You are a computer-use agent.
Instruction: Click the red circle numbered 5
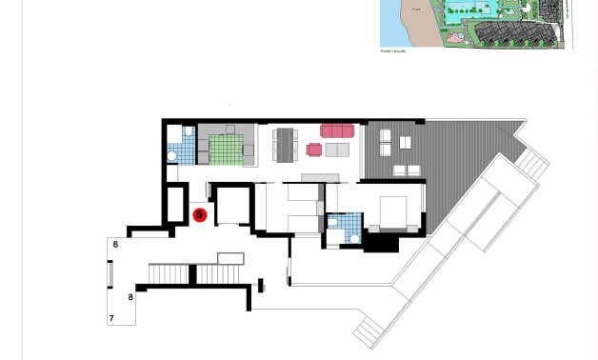[199, 215]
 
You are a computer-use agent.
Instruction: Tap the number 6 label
[115, 245]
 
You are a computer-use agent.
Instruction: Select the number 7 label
[111, 318]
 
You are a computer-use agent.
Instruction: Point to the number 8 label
[131, 298]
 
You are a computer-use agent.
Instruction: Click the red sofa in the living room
[337, 130]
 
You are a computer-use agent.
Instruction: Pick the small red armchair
[314, 150]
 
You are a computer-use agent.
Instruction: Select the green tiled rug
[227, 150]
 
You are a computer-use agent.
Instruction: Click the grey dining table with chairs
[286, 145]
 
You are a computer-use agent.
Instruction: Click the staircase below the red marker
[169, 274]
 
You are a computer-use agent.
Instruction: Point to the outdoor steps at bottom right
[369, 330]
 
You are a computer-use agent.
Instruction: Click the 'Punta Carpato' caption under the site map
[393, 51]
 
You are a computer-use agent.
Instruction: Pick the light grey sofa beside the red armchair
[337, 150]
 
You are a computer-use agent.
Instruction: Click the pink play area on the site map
[453, 38]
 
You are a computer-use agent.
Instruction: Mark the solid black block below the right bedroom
[381, 243]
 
